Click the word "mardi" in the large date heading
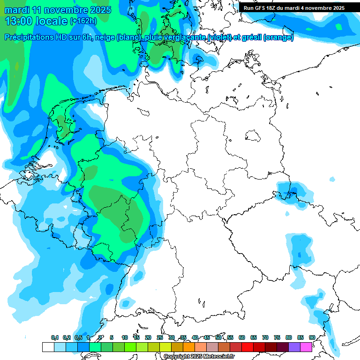(x=18, y=10)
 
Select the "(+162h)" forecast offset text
(x=83, y=21)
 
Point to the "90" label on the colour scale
(x=312, y=337)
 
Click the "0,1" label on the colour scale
(x=54, y=337)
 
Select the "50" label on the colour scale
(x=218, y=337)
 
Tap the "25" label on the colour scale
(x=160, y=337)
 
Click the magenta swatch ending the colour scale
(x=306, y=347)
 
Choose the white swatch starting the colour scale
(x=48, y=347)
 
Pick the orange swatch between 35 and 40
(x=189, y=347)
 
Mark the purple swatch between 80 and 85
(x=294, y=347)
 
